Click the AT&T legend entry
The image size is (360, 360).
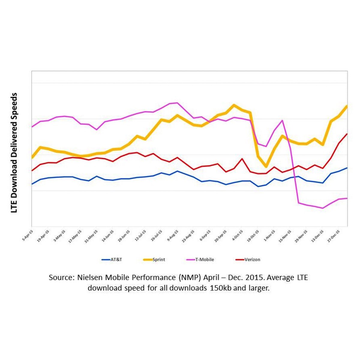click(x=112, y=259)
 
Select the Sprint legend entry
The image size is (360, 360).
click(x=154, y=259)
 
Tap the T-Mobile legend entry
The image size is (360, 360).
click(x=200, y=259)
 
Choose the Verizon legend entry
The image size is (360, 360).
click(x=248, y=259)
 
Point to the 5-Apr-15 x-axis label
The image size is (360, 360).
click(x=28, y=235)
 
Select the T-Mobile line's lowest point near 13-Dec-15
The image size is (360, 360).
click(x=323, y=208)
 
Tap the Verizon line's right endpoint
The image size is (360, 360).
click(x=347, y=134)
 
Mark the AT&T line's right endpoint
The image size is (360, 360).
click(x=347, y=168)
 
